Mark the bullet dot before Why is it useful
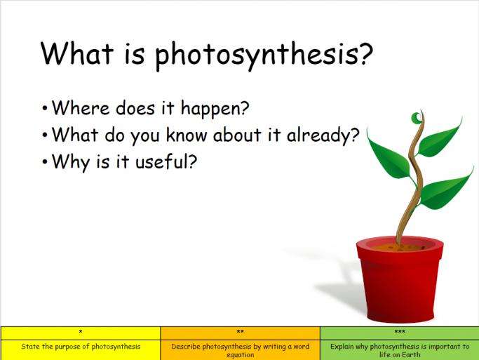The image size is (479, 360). tap(45, 161)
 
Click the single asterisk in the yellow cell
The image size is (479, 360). tap(80, 332)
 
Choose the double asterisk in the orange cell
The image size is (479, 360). tap(240, 332)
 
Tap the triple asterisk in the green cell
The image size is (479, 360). tap(399, 332)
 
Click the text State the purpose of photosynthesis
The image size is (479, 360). tap(80, 347)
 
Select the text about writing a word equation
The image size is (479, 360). tap(240, 350)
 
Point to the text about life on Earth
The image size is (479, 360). tap(399, 350)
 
